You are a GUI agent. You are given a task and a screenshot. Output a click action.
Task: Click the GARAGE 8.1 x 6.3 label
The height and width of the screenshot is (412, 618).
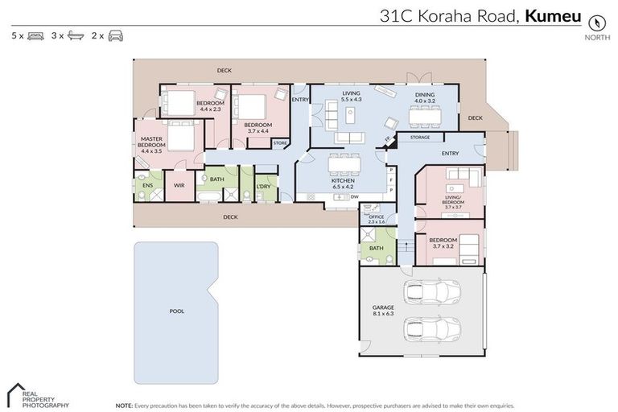[x=382, y=311]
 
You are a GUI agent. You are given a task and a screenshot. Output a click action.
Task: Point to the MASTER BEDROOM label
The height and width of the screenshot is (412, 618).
[x=151, y=145]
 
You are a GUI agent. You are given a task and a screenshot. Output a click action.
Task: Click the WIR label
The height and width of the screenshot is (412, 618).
[x=179, y=185]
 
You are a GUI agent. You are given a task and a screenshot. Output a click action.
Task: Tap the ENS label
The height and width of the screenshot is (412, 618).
[x=146, y=185]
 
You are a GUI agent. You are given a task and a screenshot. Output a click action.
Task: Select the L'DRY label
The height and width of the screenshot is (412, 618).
[x=263, y=186]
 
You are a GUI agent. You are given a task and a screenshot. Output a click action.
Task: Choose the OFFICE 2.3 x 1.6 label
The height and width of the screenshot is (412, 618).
[x=377, y=218]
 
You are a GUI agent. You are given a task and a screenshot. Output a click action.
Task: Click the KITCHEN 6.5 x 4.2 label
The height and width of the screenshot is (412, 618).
[x=344, y=184]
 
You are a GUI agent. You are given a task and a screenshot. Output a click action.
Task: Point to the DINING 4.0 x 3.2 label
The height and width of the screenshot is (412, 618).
[x=425, y=97]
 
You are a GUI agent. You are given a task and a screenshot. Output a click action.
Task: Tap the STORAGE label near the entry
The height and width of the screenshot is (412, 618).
[x=419, y=138]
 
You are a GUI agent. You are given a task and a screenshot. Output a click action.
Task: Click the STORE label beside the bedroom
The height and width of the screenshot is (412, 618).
[x=279, y=143]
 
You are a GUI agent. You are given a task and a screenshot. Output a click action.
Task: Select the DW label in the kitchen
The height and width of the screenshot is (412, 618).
[x=354, y=197]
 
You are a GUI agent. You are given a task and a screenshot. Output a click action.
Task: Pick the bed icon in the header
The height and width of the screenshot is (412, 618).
[x=35, y=36]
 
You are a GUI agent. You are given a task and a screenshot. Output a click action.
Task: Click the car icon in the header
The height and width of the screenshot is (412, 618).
[x=116, y=36]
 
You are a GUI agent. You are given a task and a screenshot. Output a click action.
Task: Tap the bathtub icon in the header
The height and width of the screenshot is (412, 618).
[x=76, y=36]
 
